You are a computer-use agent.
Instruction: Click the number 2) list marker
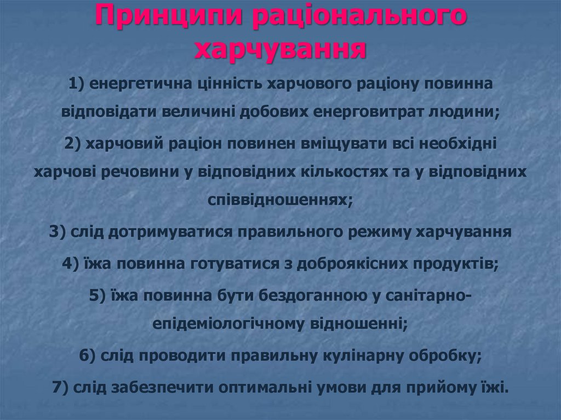pos(72,143)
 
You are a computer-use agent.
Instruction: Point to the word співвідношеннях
pos(279,200)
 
